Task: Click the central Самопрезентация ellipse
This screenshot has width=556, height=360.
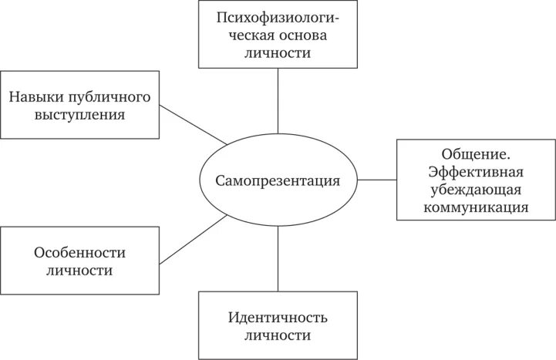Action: pos(278,180)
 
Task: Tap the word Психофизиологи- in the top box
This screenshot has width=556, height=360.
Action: pos(277,19)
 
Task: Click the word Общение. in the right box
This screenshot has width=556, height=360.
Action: pos(475,154)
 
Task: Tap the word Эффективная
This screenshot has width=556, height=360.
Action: pos(475,172)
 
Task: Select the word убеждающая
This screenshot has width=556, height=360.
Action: pos(475,189)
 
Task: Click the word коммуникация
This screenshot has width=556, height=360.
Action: pos(475,207)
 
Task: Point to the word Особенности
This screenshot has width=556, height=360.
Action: pos(79,253)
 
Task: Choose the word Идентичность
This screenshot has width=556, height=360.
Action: pos(278,318)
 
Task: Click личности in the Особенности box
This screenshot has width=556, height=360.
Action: pos(79,271)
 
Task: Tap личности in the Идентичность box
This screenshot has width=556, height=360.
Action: pos(278,336)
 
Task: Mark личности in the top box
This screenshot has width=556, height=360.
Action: pos(277,54)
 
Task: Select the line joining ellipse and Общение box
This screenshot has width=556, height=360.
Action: pos(378,180)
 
